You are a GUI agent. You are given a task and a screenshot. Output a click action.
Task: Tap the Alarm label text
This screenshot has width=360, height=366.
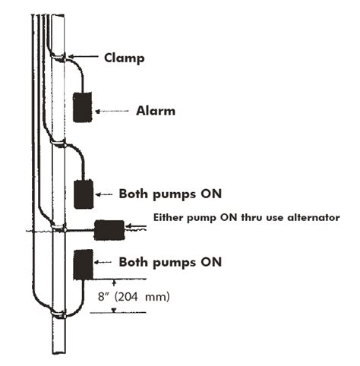coord(156,111)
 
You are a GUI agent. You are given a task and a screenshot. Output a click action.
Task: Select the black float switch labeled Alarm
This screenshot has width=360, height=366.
coord(82,106)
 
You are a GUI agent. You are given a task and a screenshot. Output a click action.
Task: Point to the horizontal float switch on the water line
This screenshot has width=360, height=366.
coord(108,226)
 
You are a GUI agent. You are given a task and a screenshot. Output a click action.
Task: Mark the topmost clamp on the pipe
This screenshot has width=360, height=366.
coord(58,55)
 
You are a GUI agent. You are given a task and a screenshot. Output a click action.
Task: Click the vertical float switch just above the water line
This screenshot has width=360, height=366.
coord(83,194)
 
